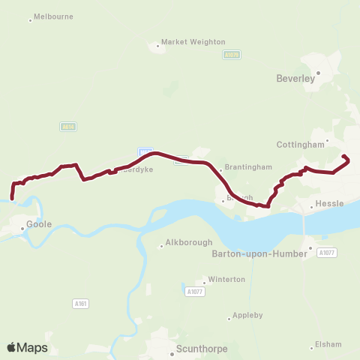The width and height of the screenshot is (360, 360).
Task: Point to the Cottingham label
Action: point(298,143)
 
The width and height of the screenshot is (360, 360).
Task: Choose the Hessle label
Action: point(330,204)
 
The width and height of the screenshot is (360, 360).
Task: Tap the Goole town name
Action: point(39,223)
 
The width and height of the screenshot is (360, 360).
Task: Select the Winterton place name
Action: point(226,280)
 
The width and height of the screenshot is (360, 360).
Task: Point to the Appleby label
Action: point(247,315)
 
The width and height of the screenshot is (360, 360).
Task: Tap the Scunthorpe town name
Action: point(202,348)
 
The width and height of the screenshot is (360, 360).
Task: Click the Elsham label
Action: point(328,344)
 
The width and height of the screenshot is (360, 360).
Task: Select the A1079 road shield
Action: point(232,55)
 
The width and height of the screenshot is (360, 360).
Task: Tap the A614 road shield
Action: point(67,127)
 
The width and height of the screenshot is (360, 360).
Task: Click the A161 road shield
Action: point(81,303)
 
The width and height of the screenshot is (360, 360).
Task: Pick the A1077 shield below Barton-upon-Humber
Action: point(325,253)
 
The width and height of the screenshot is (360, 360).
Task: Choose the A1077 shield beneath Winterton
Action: point(194,291)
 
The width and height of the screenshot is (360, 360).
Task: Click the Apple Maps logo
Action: point(27,347)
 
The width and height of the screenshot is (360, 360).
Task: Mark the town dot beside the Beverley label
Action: point(318,73)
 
